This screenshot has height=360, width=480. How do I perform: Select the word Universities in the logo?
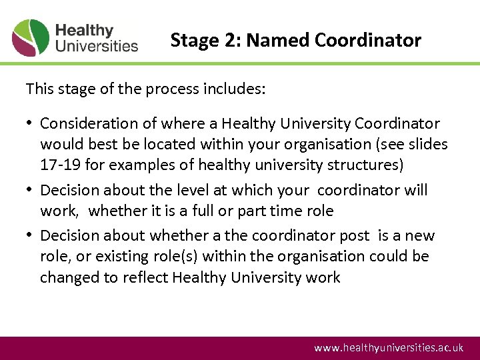coord(97,46)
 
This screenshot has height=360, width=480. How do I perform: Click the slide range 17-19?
coord(61,164)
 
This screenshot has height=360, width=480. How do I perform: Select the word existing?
coord(122,256)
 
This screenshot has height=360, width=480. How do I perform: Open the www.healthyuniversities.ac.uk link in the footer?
coord(389,348)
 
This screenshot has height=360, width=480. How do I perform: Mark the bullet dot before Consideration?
coord(31,124)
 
